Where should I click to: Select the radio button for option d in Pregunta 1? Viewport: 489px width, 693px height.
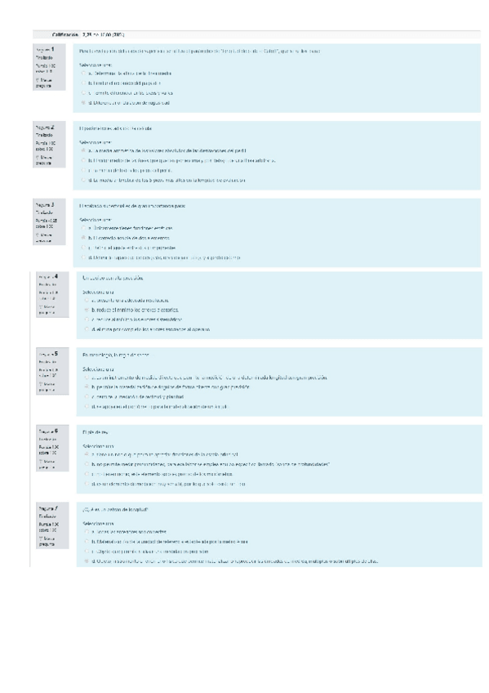click(x=83, y=104)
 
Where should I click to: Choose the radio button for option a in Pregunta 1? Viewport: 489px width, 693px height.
click(x=83, y=73)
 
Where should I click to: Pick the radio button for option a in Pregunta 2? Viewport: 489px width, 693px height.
click(x=83, y=151)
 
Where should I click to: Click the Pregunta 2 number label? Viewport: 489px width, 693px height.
click(x=46, y=128)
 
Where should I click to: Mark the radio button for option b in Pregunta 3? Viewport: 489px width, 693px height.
click(x=83, y=238)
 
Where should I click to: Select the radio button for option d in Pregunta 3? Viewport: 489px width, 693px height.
click(x=83, y=257)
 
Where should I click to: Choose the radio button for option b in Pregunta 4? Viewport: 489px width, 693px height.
click(x=87, y=310)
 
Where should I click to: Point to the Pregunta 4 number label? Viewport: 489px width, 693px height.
click(x=49, y=277)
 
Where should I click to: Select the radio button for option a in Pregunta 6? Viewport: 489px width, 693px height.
click(x=87, y=454)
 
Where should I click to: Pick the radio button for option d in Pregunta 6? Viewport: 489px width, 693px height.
click(x=87, y=483)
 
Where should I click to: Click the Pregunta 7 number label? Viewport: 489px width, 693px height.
click(x=46, y=509)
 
